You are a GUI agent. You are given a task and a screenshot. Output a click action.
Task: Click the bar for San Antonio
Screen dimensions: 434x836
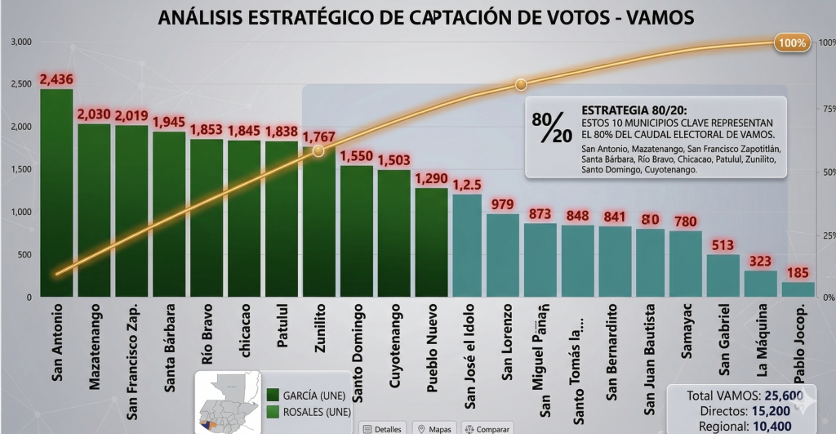56,192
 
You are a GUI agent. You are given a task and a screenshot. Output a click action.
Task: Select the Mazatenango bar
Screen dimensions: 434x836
94,210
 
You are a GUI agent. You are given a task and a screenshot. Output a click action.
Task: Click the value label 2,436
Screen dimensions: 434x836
56,80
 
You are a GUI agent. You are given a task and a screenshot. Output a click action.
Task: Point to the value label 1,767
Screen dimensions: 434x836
319,136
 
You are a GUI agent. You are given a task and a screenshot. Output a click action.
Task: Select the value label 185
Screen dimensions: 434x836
798,273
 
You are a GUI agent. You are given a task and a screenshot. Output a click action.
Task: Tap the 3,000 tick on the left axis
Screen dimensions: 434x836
20,42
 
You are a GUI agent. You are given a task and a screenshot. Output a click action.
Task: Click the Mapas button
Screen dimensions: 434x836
434,427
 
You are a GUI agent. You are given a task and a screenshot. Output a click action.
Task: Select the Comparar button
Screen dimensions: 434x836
487,427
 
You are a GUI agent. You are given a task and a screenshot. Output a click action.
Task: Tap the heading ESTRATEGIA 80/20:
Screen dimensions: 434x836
634,110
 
